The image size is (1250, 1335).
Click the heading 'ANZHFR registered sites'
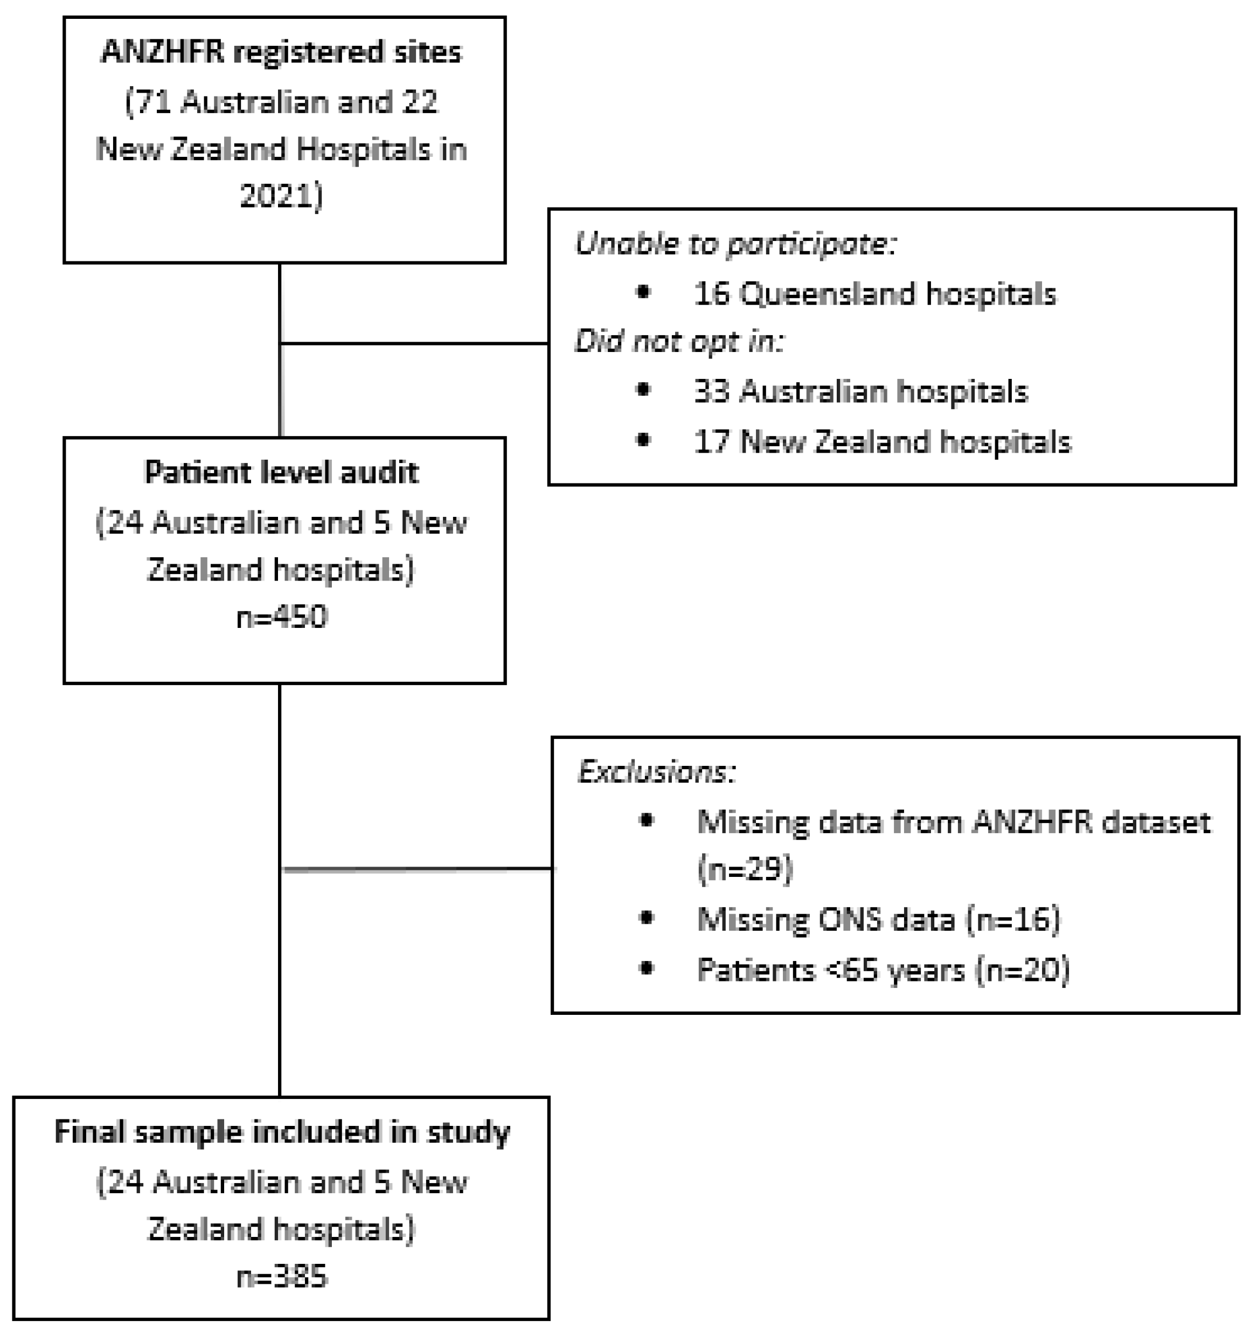(x=281, y=52)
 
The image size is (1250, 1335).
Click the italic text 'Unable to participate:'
(x=735, y=244)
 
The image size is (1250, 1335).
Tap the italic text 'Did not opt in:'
(x=679, y=342)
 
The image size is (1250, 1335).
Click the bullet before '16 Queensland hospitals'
(x=643, y=292)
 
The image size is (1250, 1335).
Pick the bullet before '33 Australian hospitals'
(x=643, y=390)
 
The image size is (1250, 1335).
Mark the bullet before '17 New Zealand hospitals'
(x=643, y=440)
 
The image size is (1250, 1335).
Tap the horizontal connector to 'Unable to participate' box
(x=414, y=343)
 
